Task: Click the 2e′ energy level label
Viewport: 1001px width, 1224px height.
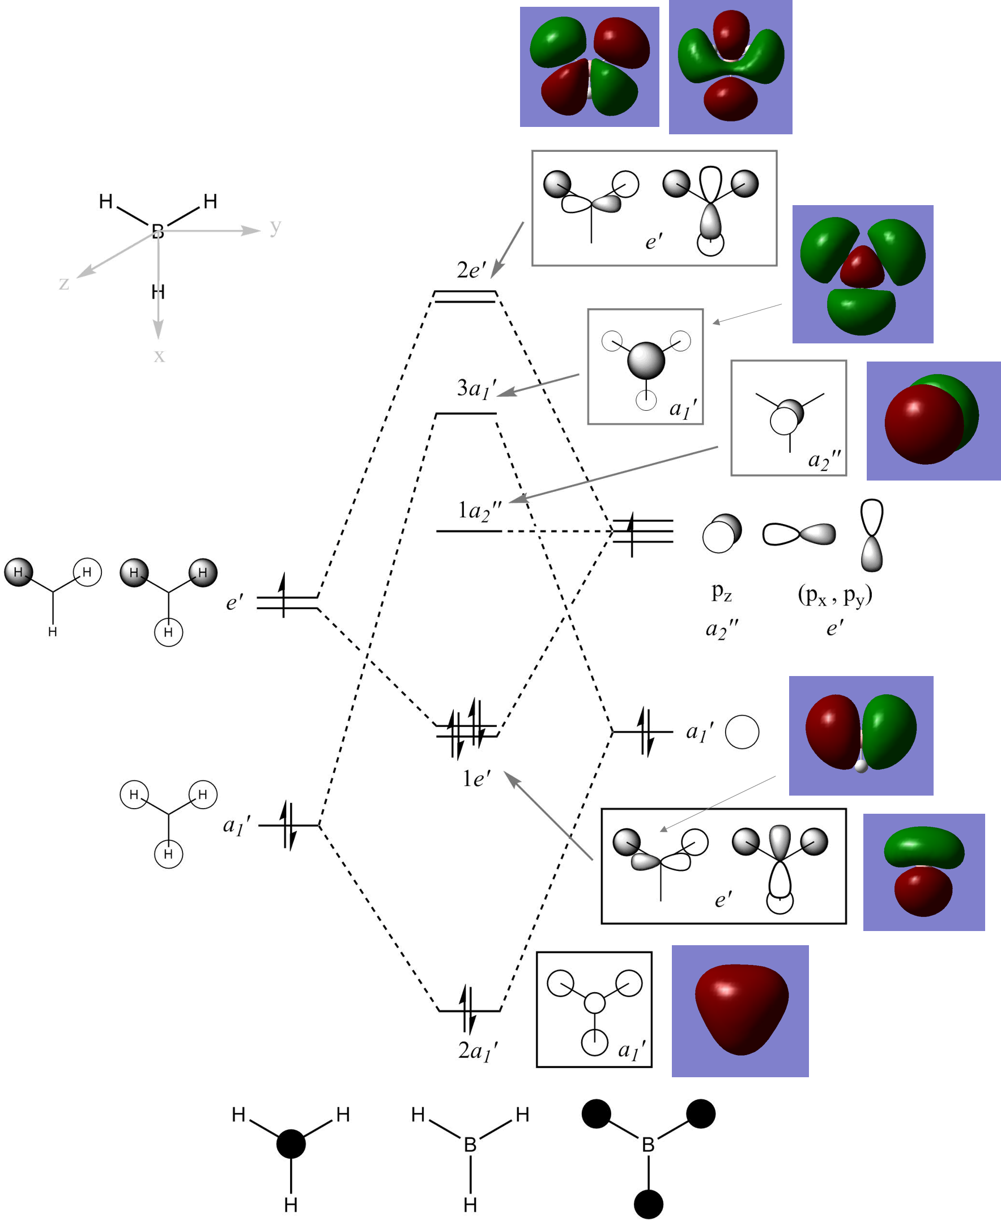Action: coord(471,270)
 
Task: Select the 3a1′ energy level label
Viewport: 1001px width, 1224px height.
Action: coord(476,389)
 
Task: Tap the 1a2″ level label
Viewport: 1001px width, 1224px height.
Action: coord(479,511)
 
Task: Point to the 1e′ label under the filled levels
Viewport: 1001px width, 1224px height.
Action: coord(476,779)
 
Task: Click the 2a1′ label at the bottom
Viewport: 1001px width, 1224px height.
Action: coord(478,1051)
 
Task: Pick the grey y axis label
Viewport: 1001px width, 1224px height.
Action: coord(276,226)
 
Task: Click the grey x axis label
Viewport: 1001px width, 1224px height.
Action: coord(159,355)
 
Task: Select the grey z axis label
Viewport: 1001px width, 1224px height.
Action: coord(64,283)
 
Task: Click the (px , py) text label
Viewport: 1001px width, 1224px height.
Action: coord(834,594)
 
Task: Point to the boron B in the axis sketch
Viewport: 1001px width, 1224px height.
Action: coord(157,231)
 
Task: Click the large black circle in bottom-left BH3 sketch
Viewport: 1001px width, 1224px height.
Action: coord(291,1144)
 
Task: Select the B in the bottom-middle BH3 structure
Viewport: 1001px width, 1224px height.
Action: coord(470,1145)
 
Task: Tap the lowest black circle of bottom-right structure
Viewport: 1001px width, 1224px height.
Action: coord(648,1204)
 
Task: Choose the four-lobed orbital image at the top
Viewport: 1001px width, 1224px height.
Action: coord(589,66)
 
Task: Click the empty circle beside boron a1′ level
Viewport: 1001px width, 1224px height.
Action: coord(742,732)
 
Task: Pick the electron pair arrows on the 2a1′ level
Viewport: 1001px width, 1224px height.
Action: coord(468,1009)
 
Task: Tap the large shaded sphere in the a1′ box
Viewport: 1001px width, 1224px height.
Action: coord(646,360)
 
